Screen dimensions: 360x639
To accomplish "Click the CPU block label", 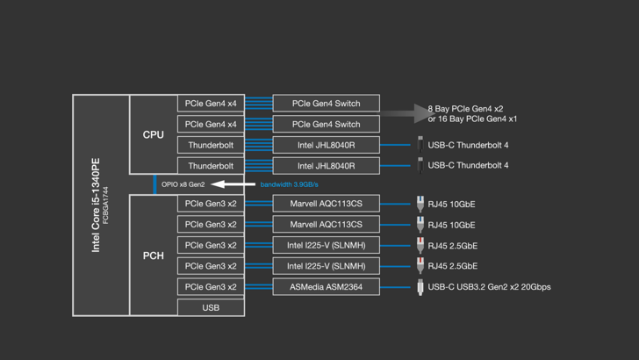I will [x=153, y=134].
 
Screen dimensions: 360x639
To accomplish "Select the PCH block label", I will [x=153, y=256].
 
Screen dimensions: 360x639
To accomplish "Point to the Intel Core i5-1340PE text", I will [x=96, y=205].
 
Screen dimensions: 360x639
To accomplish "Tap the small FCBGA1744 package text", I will [x=107, y=205].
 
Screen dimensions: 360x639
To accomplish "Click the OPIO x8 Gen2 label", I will [x=183, y=184].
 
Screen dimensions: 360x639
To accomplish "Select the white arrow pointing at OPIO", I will [x=232, y=184].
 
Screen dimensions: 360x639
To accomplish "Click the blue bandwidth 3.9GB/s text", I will [x=289, y=184].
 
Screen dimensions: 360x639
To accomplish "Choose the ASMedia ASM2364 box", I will [x=326, y=286].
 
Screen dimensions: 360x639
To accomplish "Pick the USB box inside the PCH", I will [x=211, y=307].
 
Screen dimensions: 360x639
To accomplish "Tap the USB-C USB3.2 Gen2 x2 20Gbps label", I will [x=489, y=286].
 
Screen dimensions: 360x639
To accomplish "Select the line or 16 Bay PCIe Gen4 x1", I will [x=472, y=119].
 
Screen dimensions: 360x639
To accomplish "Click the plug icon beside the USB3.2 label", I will [x=420, y=286].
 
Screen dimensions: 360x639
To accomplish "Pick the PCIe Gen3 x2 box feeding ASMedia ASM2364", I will [x=211, y=286].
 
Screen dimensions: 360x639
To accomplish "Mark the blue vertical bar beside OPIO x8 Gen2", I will [x=155, y=184].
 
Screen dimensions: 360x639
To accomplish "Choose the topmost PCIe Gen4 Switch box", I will [x=326, y=104].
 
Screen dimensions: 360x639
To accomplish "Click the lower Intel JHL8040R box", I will [x=326, y=165].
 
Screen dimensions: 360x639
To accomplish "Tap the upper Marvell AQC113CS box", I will [x=326, y=204].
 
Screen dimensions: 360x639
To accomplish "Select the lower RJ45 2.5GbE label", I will [x=452, y=266].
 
